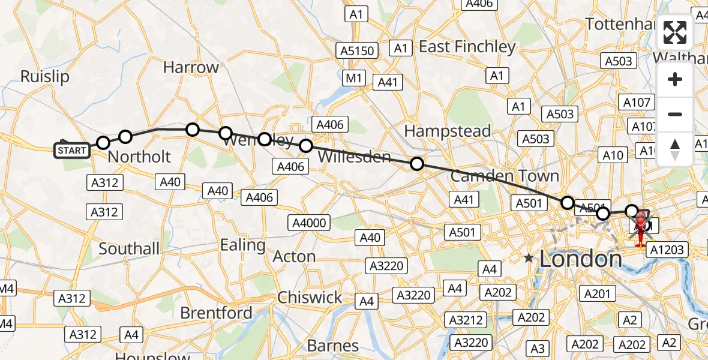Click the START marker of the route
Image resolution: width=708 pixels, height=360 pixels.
[x=72, y=150]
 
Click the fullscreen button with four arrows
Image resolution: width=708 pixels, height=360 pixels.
[x=675, y=33]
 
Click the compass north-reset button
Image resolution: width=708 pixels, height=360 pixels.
[x=675, y=149]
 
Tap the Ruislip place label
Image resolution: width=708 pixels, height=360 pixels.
[x=45, y=77]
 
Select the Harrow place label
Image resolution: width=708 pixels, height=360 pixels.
[x=191, y=67]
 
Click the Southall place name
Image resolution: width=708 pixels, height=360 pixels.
[x=129, y=248]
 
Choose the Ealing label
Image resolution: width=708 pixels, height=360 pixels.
[x=243, y=245]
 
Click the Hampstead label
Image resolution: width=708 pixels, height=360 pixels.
[x=447, y=131]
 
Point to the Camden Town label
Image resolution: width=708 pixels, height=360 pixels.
[x=505, y=176]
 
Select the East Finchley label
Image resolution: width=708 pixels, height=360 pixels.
[x=467, y=47]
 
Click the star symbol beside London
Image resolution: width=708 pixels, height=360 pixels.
[x=528, y=259]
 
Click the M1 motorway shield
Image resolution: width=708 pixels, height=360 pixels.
[x=355, y=78]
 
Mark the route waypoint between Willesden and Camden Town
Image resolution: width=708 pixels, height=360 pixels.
[x=416, y=163]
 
